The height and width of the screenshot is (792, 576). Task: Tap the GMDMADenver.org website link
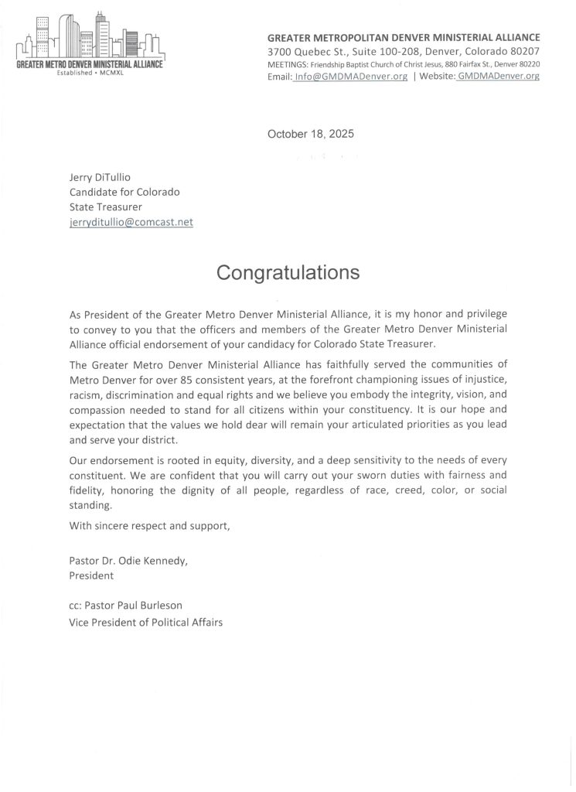[498, 77]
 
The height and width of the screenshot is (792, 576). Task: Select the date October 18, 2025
[310, 134]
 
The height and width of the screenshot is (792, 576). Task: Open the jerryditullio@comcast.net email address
[131, 222]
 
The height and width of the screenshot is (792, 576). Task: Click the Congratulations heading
[288, 273]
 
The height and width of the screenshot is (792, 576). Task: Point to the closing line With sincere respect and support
[150, 527]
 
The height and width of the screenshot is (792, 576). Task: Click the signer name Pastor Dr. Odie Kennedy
[128, 561]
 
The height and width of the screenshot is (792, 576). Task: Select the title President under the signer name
[91, 575]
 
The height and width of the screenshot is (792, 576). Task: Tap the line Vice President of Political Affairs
[146, 621]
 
